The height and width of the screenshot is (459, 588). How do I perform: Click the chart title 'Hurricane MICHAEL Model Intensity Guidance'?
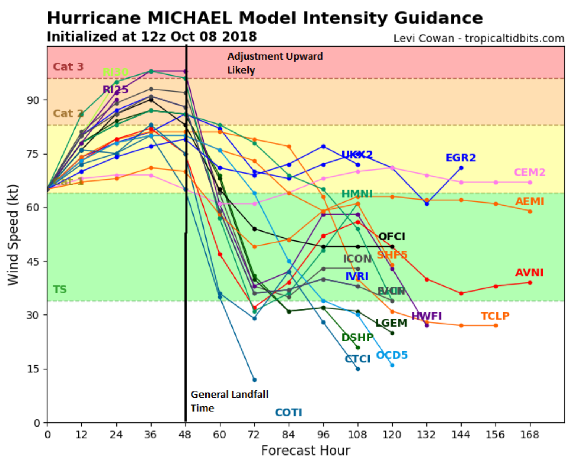click(265, 18)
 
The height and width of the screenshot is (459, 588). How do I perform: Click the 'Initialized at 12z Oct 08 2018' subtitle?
click(152, 37)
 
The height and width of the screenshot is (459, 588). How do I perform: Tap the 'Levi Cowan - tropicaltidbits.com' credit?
click(479, 39)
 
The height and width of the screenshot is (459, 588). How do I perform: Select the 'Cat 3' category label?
click(68, 67)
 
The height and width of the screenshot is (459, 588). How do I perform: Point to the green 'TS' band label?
click(60, 289)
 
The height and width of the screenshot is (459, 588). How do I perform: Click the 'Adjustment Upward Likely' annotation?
click(275, 63)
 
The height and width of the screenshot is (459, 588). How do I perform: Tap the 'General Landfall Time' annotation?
click(229, 401)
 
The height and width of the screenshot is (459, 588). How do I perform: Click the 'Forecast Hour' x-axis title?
click(305, 451)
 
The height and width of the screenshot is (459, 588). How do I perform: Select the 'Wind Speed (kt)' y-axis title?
click(13, 235)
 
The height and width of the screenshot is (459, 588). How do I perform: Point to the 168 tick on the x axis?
click(530, 434)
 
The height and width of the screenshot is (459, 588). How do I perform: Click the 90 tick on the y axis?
click(33, 100)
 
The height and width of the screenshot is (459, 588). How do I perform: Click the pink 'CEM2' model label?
click(530, 172)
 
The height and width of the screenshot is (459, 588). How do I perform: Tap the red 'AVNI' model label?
click(529, 273)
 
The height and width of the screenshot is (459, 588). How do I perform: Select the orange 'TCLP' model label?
click(495, 316)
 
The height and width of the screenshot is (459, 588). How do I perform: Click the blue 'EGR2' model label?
click(460, 158)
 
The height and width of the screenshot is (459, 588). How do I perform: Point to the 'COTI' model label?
click(288, 412)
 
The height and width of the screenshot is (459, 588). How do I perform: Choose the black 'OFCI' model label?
click(392, 237)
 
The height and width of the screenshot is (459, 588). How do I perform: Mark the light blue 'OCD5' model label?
click(392, 355)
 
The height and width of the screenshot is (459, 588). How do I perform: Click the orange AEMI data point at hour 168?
click(530, 211)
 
